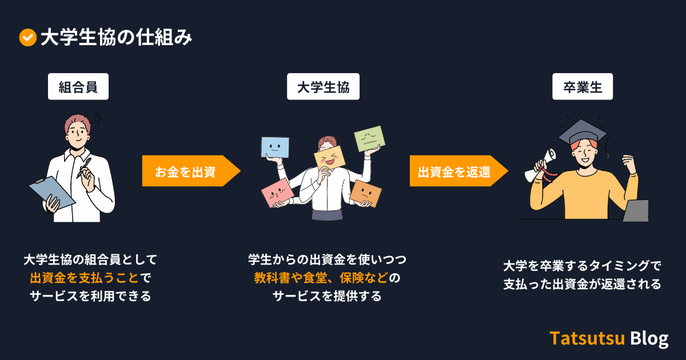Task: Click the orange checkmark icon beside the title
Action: click(x=27, y=38)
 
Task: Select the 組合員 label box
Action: click(x=78, y=87)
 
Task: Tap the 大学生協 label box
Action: click(x=323, y=87)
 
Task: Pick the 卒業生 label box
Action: click(x=583, y=87)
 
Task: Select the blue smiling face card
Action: click(x=275, y=147)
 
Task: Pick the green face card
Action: click(x=367, y=138)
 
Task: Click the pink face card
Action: click(x=277, y=193)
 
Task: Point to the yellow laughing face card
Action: click(x=330, y=159)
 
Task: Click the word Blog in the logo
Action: click(x=649, y=338)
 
